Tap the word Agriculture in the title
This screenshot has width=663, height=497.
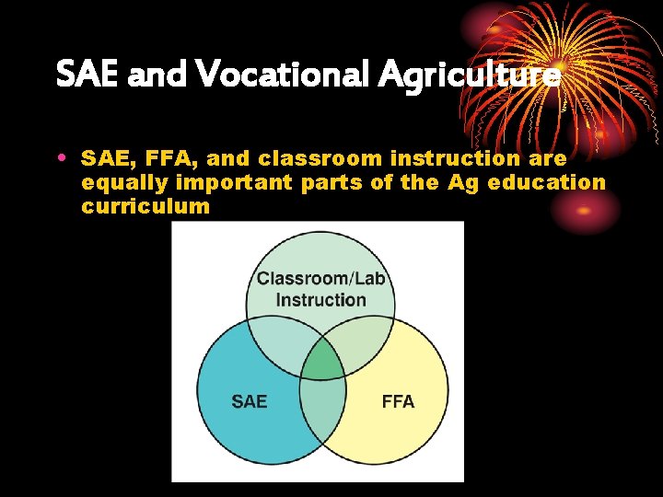point(468,75)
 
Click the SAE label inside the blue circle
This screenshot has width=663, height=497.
point(249,401)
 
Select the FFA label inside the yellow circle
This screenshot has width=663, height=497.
point(398,401)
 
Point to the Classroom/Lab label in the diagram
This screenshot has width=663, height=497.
point(320,279)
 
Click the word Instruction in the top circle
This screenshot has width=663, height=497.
point(320,300)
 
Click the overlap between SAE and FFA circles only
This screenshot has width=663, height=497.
point(322,414)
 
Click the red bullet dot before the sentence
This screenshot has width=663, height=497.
point(61,157)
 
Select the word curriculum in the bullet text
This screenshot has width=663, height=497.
point(145,206)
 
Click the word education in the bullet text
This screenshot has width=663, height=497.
point(547,182)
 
